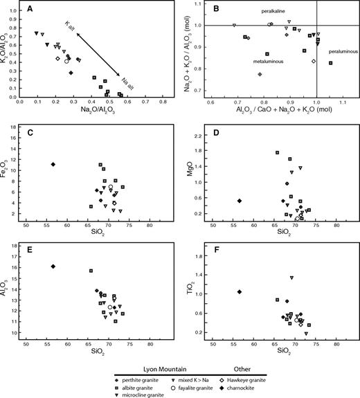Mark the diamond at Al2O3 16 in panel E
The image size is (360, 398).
click(x=53, y=266)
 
